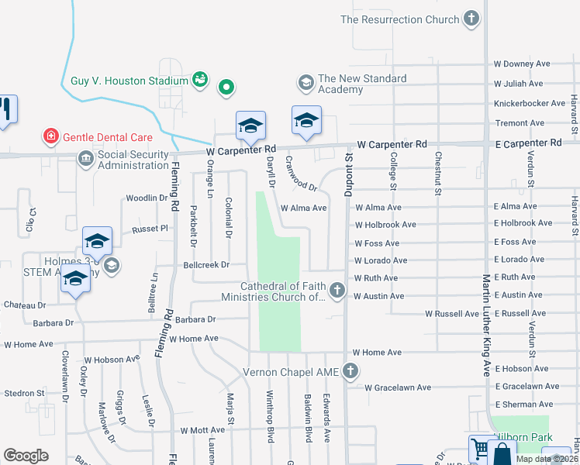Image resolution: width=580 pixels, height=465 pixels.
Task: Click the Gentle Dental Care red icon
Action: click(51, 137)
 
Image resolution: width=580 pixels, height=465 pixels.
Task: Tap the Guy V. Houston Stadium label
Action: click(129, 81)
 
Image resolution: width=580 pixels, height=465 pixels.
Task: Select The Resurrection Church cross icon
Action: click(470, 19)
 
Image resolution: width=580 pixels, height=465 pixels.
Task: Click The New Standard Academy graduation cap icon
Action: click(306, 81)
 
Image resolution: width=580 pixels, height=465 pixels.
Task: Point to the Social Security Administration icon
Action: click(85, 160)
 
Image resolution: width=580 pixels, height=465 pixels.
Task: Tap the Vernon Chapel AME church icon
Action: click(350, 371)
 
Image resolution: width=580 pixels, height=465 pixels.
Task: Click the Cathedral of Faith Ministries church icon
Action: click(337, 291)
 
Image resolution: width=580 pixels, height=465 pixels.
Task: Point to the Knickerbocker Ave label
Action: click(530, 103)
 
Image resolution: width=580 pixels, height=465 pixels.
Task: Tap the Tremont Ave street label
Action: click(520, 123)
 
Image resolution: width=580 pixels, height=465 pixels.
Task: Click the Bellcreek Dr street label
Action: click(206, 264)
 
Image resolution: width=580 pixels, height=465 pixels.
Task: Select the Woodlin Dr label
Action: click(147, 198)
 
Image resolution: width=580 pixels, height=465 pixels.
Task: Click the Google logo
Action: click(26, 456)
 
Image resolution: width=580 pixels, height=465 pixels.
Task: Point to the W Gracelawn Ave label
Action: click(398, 387)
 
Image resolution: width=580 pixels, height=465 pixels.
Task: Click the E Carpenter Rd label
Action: click(527, 143)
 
